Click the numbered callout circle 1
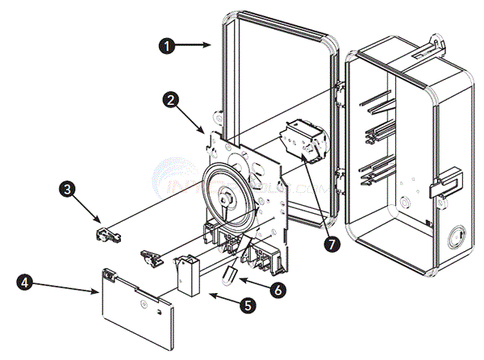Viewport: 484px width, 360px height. (x=168, y=46)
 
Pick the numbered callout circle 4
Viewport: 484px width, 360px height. (x=26, y=283)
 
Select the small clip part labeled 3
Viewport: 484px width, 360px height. (x=107, y=234)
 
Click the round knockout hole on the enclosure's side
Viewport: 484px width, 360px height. (x=455, y=238)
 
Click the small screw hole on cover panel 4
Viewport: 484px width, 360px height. (x=143, y=303)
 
